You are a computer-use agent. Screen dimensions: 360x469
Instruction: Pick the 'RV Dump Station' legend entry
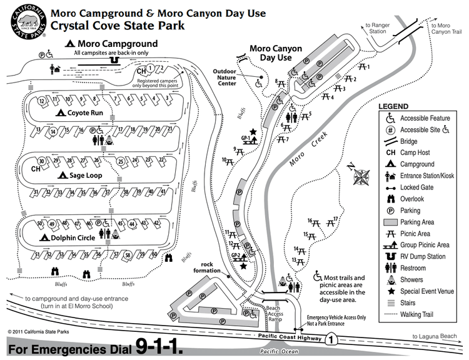click(x=422, y=256)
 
